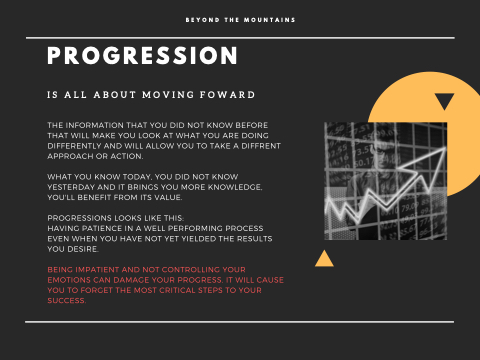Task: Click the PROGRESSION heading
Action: pos(142,55)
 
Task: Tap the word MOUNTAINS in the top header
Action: pos(269,20)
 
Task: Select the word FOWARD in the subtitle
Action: pos(227,95)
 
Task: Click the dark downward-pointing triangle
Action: pos(444,100)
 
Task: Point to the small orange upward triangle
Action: pos(324,259)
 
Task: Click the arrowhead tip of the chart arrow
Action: pos(446,148)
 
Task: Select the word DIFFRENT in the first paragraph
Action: pos(261,146)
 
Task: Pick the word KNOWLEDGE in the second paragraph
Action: pos(235,187)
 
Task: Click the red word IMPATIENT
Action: pos(97,270)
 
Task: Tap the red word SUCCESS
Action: pos(67,301)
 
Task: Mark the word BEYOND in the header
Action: pos(202,20)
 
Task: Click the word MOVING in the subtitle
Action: pos(168,95)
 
